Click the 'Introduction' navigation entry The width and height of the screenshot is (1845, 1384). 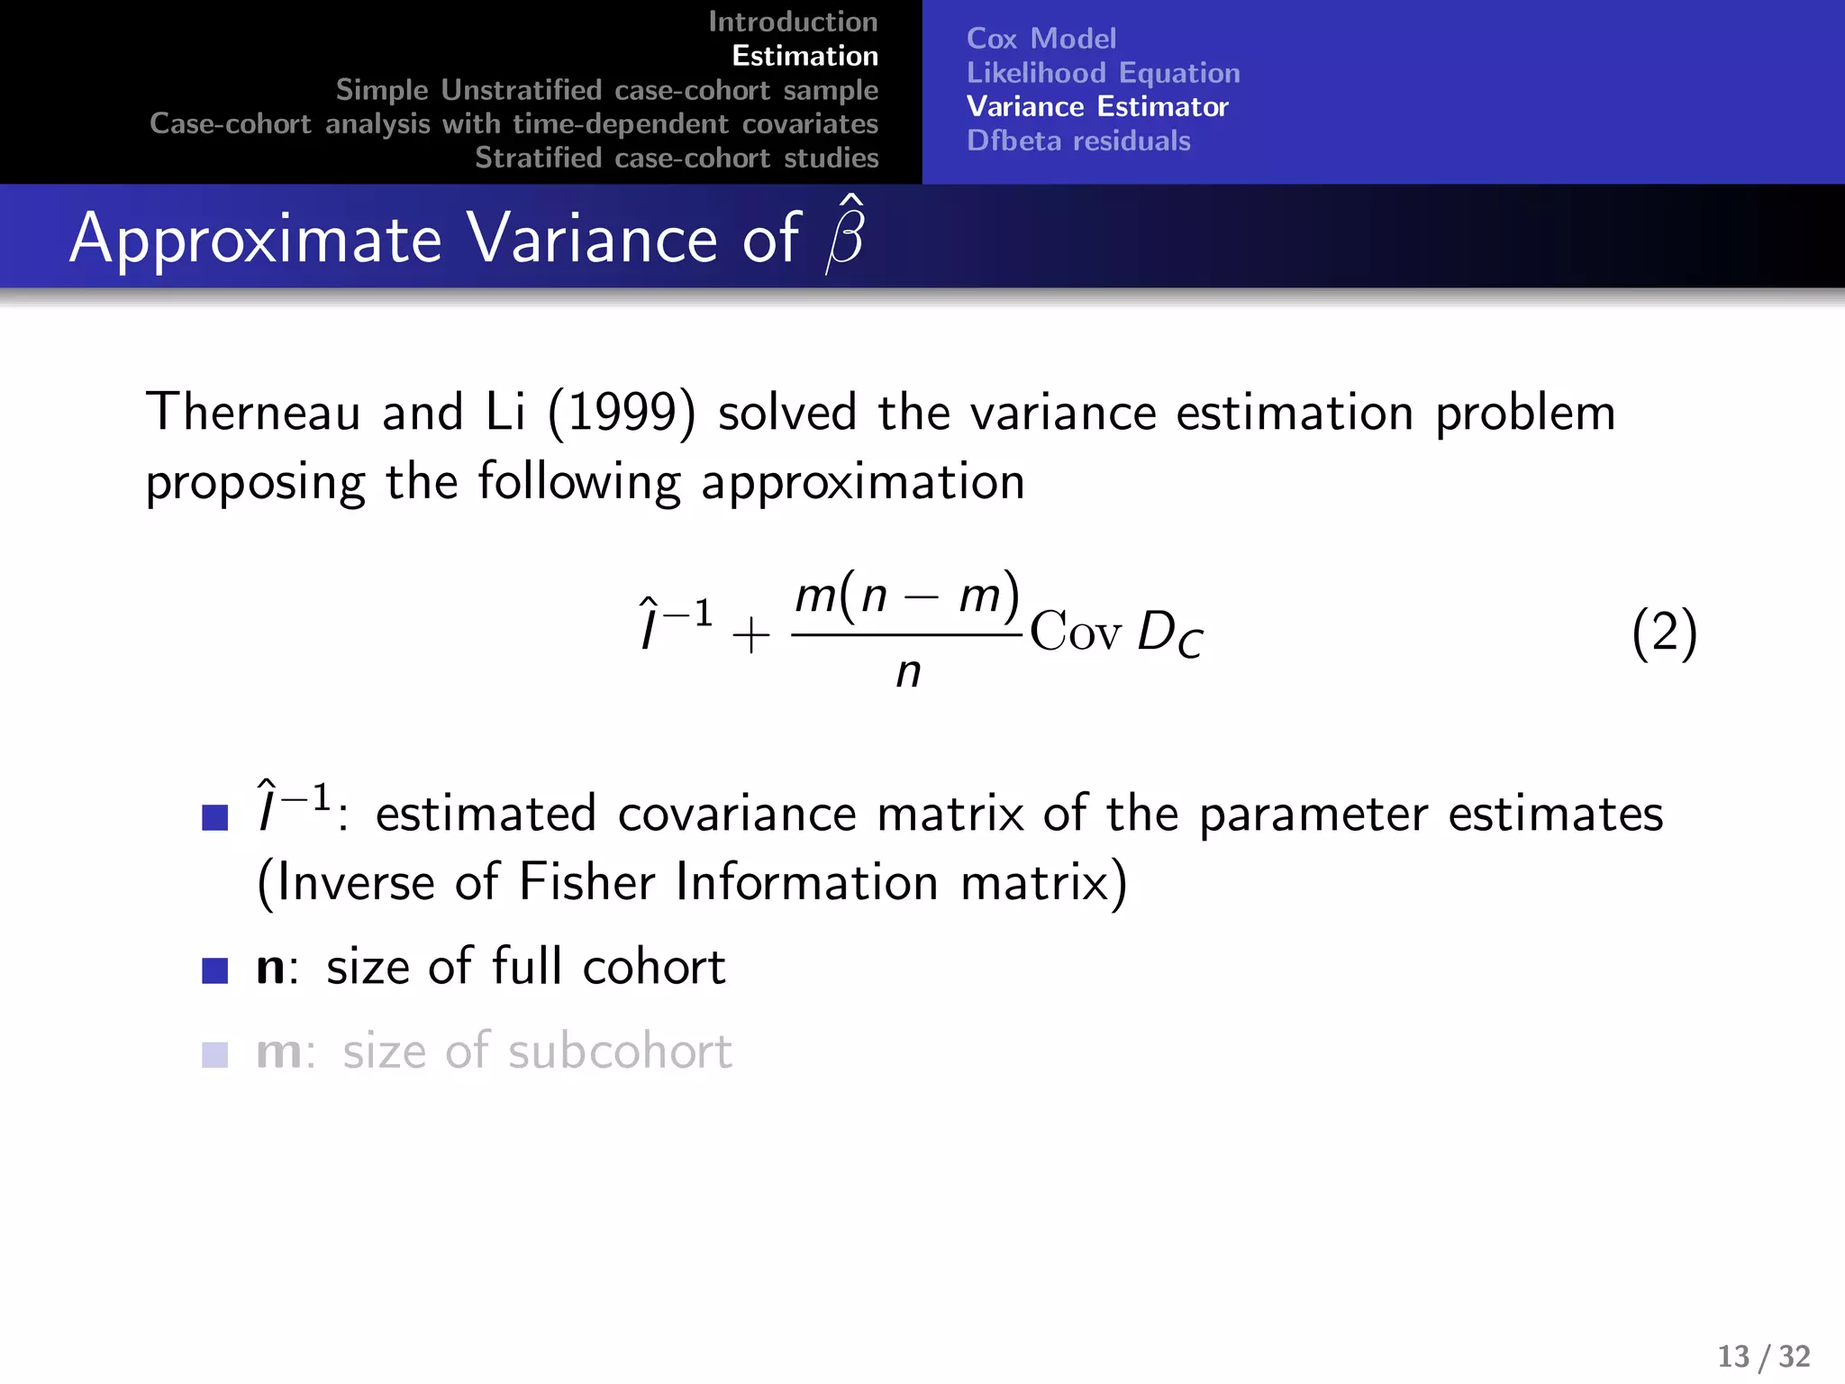point(793,22)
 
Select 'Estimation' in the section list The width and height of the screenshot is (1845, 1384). point(804,56)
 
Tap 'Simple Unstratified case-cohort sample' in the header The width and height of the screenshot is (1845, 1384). point(606,90)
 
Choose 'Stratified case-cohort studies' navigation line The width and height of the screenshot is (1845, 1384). point(677,158)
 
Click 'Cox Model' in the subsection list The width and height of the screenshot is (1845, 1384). point(1041,39)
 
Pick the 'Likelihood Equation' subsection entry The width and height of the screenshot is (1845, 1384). point(1103,73)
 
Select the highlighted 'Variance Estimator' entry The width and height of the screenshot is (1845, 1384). point(1096,107)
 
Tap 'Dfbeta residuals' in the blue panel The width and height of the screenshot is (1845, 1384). point(1078,141)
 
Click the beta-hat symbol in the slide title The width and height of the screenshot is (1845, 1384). point(845,236)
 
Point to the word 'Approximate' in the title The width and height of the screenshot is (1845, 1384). point(256,240)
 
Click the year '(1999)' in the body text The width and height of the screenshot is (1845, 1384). point(622,414)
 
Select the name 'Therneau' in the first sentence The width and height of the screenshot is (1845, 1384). point(253,413)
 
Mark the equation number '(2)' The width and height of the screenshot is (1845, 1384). point(1664,633)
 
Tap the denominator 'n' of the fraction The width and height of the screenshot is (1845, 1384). point(908,672)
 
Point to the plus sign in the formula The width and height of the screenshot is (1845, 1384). point(750,636)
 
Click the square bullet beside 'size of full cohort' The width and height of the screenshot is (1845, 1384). point(215,970)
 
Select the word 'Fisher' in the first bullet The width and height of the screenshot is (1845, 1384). point(586,882)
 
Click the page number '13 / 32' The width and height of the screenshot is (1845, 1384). point(1763,1356)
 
